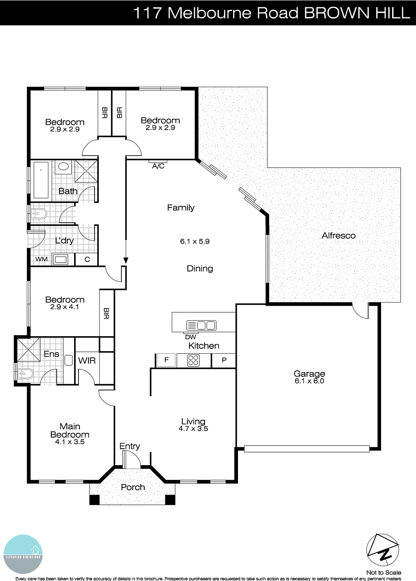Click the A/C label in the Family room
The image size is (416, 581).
coord(158,166)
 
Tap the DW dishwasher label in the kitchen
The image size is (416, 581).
coord(190,337)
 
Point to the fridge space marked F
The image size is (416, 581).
coord(166,360)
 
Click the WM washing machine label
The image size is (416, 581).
coord(41,259)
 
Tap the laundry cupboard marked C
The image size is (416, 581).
coord(87,259)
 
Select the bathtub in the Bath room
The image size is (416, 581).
coord(41,180)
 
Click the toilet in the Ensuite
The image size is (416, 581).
coord(25,374)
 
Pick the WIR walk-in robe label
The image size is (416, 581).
coord(87,361)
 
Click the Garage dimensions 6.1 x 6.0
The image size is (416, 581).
coord(309,381)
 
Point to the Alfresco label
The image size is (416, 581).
coord(338,236)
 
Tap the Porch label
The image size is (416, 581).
coord(133,487)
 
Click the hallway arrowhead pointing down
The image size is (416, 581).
coord(126,260)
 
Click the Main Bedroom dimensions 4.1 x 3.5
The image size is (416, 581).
coord(70,442)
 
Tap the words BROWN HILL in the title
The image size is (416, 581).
coord(357,13)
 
